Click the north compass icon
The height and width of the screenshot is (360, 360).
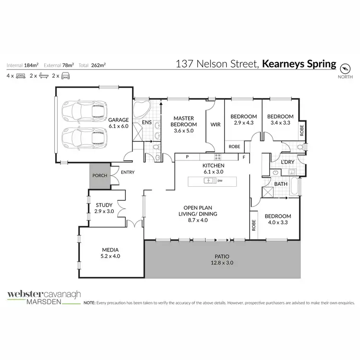pos(345,68)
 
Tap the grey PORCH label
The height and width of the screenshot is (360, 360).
pos(99,176)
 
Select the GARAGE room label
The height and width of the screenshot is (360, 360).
pos(119,120)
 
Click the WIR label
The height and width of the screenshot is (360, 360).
pos(215,124)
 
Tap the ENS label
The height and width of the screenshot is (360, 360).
pos(147,122)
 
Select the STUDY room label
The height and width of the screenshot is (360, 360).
pos(104,205)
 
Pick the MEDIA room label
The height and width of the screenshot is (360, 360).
pos(110,250)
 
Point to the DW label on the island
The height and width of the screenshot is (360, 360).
pos(220,181)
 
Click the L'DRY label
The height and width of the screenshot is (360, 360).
pos(288,162)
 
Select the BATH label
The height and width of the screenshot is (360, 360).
pos(280,184)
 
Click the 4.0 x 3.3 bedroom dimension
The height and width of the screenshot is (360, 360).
pos(277,222)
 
